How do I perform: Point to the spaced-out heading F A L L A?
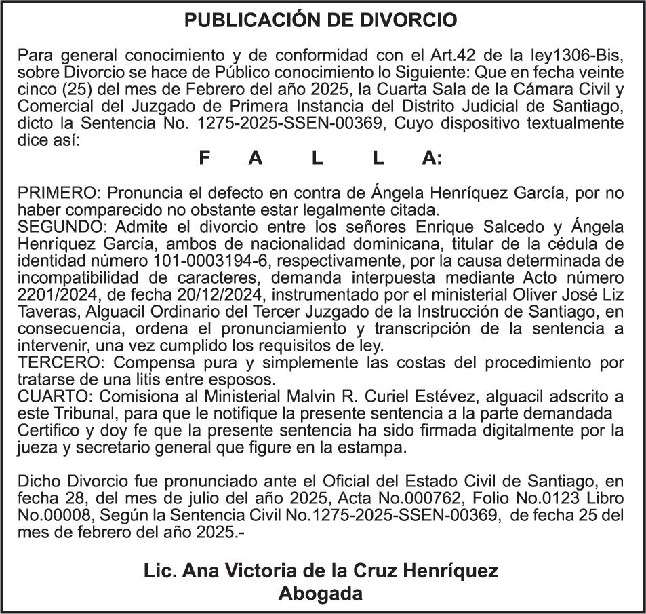321,159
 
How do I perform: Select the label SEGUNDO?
62,226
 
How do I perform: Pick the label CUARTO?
56,396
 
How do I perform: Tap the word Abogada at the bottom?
321,594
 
